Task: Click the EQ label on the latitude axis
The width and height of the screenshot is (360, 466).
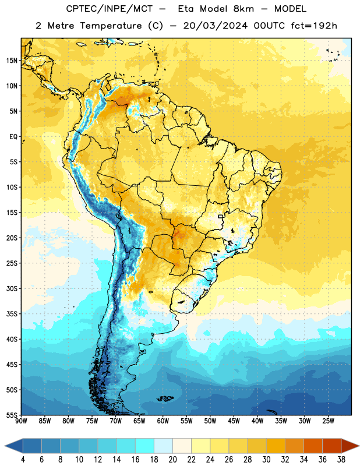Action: (13, 137)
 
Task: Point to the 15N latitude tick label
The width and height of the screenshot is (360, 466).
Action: (12, 61)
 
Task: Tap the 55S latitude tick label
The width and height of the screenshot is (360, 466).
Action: (12, 415)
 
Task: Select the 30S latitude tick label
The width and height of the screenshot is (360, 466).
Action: (12, 288)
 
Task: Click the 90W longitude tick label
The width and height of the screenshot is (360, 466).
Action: (21, 421)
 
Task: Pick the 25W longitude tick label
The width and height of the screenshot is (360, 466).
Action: (328, 421)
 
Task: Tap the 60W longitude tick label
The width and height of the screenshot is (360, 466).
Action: (163, 421)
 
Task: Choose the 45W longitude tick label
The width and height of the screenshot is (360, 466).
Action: (234, 421)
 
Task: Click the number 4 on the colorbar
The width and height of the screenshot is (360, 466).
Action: (23, 460)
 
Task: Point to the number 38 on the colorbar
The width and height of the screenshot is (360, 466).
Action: (341, 460)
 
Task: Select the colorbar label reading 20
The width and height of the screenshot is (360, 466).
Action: (172, 460)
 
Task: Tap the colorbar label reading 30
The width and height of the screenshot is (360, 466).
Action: (266, 460)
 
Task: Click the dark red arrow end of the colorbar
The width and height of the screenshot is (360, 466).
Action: (350, 446)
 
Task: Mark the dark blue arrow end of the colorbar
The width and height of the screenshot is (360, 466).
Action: (14, 446)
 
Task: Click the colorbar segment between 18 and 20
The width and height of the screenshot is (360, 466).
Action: (163, 446)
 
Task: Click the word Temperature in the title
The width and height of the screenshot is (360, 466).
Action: (111, 26)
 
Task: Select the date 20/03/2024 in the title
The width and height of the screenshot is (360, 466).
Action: (215, 26)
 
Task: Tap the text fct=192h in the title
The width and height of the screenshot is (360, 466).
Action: (314, 26)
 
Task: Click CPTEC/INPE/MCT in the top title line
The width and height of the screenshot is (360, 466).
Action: (110, 9)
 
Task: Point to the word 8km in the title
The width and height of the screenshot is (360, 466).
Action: (243, 9)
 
